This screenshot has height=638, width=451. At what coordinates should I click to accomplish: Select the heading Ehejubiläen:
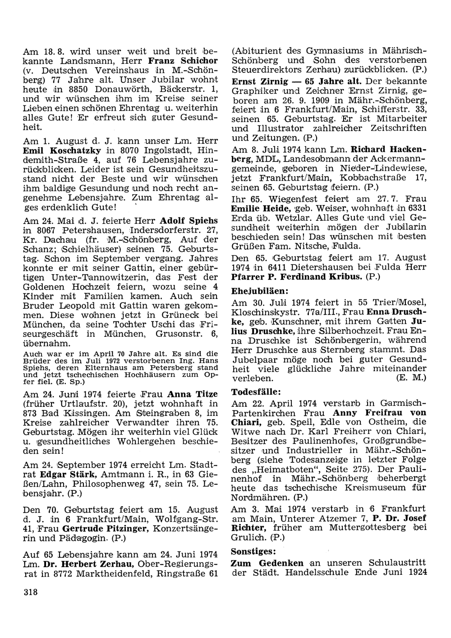(260, 291)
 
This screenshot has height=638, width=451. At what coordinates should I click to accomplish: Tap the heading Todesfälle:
(256, 391)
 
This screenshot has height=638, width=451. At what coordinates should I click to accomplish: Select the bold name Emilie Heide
(261, 209)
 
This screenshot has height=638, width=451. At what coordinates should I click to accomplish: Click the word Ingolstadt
(153, 150)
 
